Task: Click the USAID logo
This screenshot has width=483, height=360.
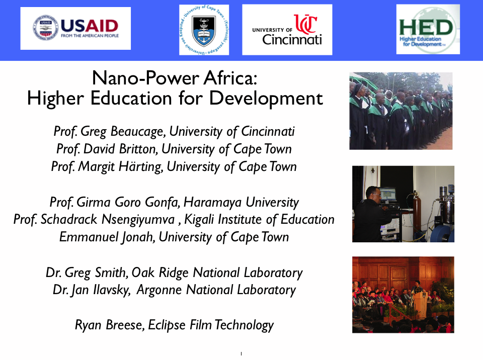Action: point(75,28)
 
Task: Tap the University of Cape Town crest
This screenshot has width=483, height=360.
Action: point(204,30)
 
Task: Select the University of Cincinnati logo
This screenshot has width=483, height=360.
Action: point(287,30)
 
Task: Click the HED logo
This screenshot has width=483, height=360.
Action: point(428,29)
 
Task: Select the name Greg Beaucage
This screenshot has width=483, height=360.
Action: point(124,132)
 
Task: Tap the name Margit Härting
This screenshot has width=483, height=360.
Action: point(120,166)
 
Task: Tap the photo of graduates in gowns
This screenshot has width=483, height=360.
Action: point(400,111)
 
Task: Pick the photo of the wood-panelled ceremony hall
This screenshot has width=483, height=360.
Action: point(403,294)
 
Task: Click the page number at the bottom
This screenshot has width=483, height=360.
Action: point(242,354)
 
